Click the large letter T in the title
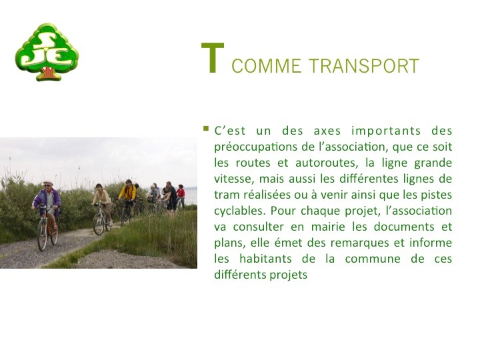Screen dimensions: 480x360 coord(213,57)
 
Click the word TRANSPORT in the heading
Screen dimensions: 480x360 coord(363,65)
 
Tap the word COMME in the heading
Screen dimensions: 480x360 coord(266,65)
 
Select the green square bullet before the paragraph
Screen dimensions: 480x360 coord(206,129)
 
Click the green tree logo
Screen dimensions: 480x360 coord(47,52)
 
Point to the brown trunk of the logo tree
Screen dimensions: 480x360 coord(48,73)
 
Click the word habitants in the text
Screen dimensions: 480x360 coord(265,259)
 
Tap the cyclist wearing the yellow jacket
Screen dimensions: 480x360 coord(127,193)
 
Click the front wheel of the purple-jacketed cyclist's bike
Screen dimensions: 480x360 coord(42,235)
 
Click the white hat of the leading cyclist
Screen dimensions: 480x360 coord(48,183)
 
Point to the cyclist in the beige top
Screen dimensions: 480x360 coord(102,201)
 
